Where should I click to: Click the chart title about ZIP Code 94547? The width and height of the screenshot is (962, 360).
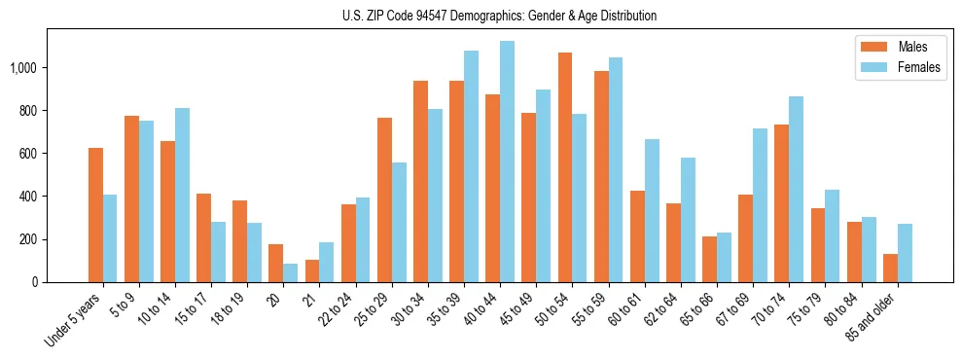(x=499, y=16)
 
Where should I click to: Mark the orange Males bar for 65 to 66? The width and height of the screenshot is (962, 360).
(x=709, y=259)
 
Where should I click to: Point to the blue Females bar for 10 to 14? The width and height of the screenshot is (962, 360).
(x=182, y=195)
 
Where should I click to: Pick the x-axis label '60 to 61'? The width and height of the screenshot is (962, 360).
(x=626, y=310)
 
